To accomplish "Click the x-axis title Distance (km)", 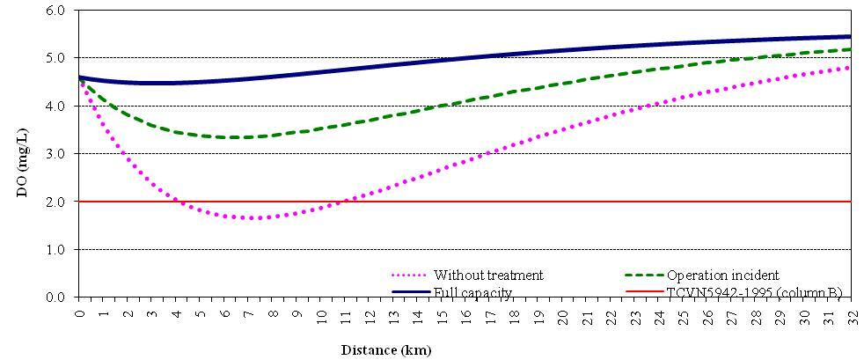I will (386, 349).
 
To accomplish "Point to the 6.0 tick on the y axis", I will (55, 11).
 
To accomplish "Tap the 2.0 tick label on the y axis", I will (55, 202).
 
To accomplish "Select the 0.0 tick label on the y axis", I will (55, 298).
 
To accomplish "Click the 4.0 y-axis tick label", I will (55, 107).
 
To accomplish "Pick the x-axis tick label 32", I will (851, 313).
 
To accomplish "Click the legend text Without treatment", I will (500, 276).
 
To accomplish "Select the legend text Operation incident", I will (723, 276).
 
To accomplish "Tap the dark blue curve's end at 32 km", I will (851, 37).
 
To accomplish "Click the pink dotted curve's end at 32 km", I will (851, 67).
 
